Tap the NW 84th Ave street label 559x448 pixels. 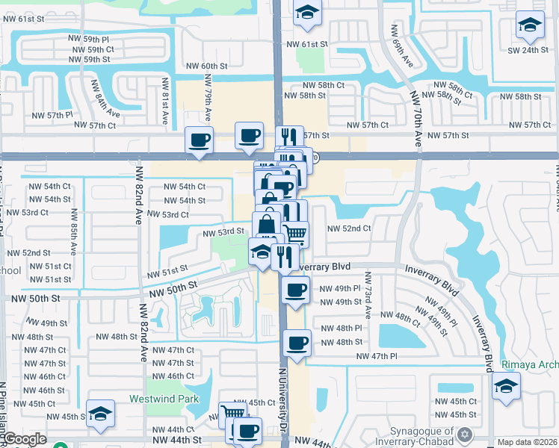106,99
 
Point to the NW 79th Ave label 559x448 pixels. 208,93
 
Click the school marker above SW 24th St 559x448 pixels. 530,26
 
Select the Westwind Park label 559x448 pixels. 164,399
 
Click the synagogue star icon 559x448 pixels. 466,434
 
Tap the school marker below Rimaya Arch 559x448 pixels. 507,386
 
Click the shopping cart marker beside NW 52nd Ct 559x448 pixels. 296,234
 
